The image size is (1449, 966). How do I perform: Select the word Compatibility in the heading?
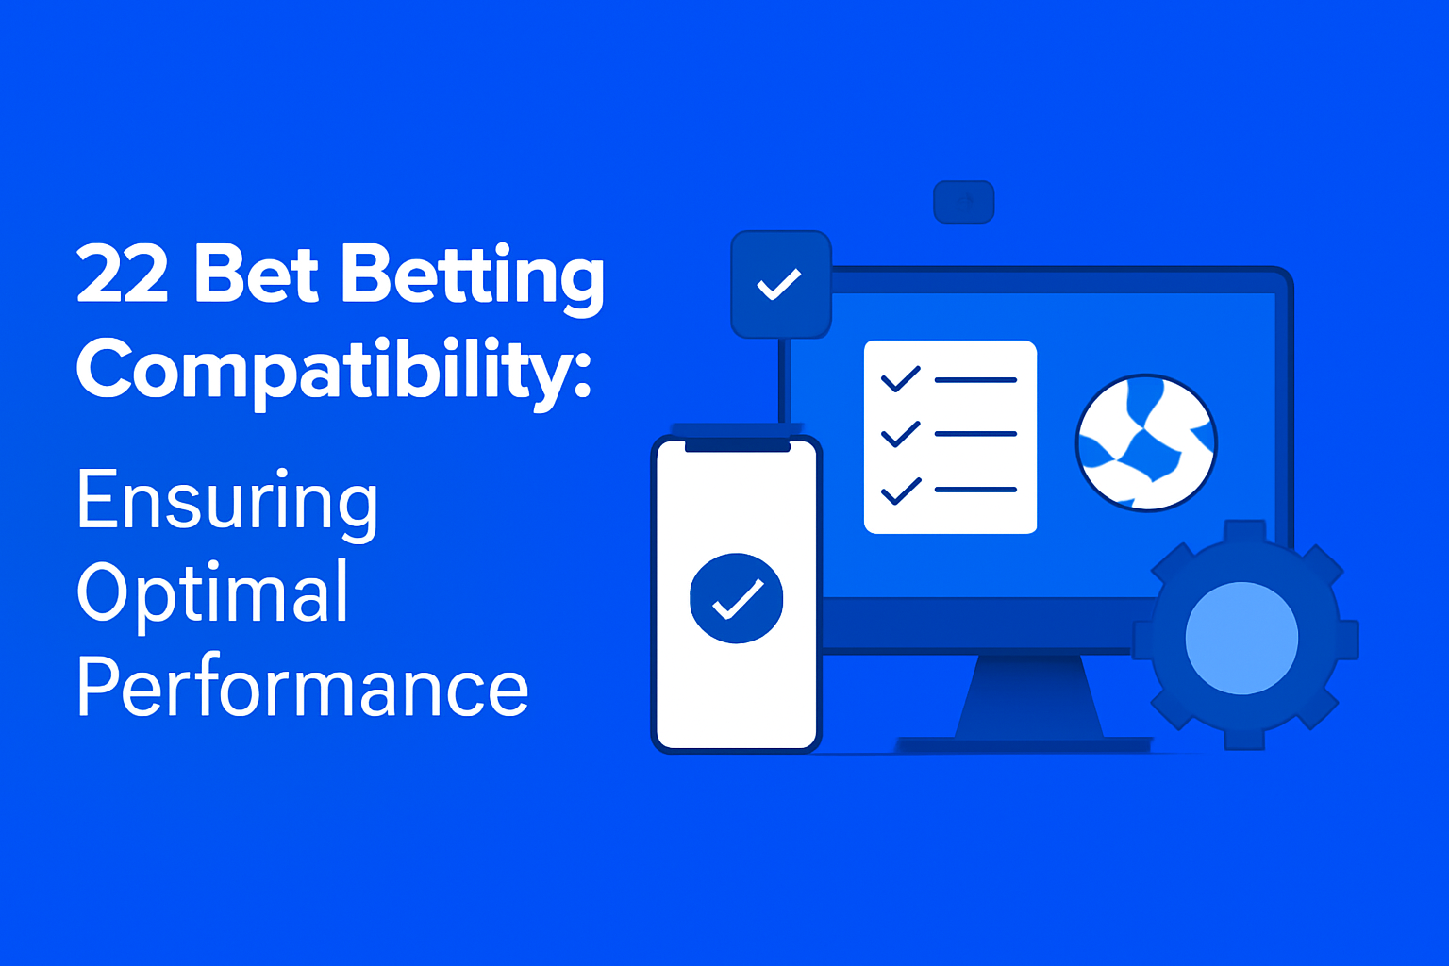click(321, 370)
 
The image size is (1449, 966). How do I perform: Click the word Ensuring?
click(227, 501)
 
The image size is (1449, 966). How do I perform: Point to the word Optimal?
click(213, 592)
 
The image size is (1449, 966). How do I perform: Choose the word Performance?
click(302, 687)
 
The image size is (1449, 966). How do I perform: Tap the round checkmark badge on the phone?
click(736, 598)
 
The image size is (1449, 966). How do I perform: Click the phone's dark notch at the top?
click(737, 446)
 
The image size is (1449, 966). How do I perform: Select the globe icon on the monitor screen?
click(1146, 442)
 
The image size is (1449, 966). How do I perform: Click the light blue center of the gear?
click(1241, 638)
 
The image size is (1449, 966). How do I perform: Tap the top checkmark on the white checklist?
click(900, 379)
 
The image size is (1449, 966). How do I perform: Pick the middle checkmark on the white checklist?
click(900, 434)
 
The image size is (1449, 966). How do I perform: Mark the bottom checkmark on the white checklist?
click(900, 491)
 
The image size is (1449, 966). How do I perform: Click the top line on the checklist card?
click(975, 380)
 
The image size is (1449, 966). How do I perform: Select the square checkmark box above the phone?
click(780, 284)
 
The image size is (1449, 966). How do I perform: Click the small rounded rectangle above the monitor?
click(963, 202)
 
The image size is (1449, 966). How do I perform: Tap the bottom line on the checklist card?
click(975, 490)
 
